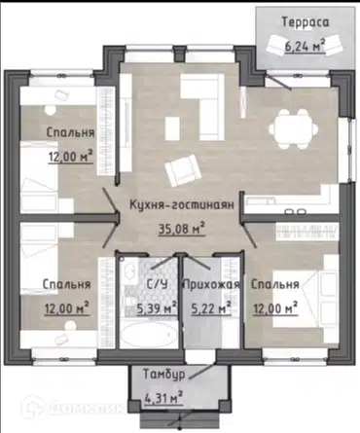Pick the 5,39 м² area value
[156, 308]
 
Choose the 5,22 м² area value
[210, 308]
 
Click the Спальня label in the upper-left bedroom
[68, 131]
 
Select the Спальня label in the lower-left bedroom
[66, 285]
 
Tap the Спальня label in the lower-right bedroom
[273, 285]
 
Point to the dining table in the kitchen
[289, 126]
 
